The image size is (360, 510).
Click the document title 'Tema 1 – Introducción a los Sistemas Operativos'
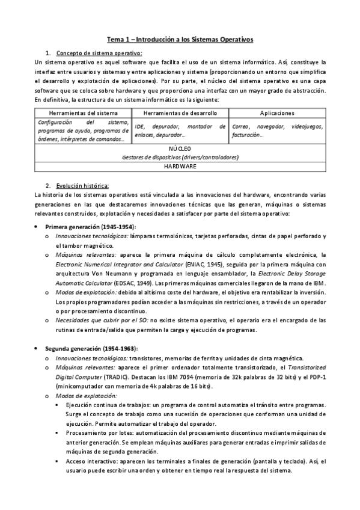click(x=180, y=40)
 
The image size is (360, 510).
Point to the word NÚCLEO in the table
click(x=180, y=149)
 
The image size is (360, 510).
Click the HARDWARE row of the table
click(x=180, y=166)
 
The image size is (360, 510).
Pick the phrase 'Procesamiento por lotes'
click(x=105, y=433)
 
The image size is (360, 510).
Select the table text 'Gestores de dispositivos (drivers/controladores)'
click(x=180, y=157)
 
